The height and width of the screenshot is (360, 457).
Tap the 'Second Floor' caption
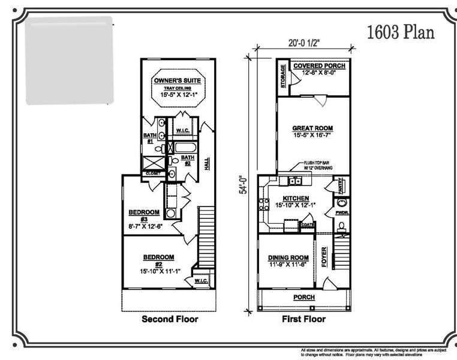pyautogui.click(x=170, y=319)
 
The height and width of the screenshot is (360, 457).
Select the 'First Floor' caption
pyautogui.click(x=303, y=319)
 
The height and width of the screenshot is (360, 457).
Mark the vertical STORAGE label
pyautogui.click(x=283, y=76)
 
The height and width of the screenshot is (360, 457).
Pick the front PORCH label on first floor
pyautogui.click(x=303, y=297)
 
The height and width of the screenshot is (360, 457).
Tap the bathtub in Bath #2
pyautogui.click(x=183, y=147)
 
